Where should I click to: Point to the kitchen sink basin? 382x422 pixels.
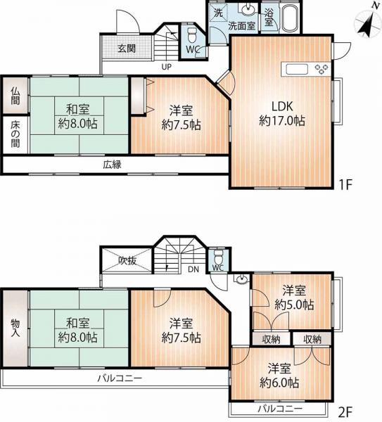pyautogui.click(x=297, y=69)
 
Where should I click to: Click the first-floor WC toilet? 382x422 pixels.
pyautogui.click(x=191, y=35)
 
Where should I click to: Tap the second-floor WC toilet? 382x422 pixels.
pyautogui.click(x=218, y=257)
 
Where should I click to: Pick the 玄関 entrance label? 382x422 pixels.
pyautogui.click(x=126, y=49)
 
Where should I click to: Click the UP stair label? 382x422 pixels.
pyautogui.click(x=166, y=67)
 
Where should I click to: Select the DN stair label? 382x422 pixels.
pyautogui.click(x=193, y=269)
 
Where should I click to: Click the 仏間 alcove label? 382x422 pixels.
pyautogui.click(x=15, y=96)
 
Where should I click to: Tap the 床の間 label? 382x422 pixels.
pyautogui.click(x=15, y=134)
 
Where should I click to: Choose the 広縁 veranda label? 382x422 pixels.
pyautogui.click(x=113, y=164)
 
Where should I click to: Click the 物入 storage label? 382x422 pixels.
pyautogui.click(x=15, y=328)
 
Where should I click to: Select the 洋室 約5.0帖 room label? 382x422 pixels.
pyautogui.click(x=294, y=298)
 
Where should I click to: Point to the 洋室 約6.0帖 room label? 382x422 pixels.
pyautogui.click(x=279, y=375)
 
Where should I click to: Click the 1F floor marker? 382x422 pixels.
pyautogui.click(x=345, y=184)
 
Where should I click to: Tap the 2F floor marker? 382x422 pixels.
pyautogui.click(x=345, y=411)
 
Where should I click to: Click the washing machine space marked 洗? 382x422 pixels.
pyautogui.click(x=218, y=13)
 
